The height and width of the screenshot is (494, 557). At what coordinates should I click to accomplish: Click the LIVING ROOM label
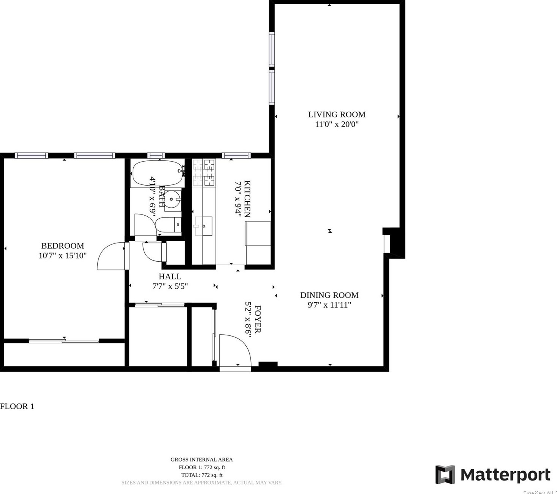point(337,114)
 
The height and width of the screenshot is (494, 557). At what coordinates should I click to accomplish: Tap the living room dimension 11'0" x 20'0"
point(337,124)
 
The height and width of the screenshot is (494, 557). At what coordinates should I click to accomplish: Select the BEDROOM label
point(63,246)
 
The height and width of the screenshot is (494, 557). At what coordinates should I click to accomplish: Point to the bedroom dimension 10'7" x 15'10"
point(63,256)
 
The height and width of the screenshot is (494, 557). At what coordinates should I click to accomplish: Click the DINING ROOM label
point(329,295)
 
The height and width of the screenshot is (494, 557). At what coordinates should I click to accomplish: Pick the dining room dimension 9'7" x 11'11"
point(329,305)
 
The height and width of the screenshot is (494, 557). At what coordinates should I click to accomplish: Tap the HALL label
point(170,277)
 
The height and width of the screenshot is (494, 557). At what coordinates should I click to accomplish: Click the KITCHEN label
point(247,199)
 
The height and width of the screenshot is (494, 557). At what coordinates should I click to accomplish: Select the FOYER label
point(257,319)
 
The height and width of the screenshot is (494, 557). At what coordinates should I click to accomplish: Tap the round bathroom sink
point(172,199)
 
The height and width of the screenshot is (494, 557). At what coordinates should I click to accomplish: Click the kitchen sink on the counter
point(203,226)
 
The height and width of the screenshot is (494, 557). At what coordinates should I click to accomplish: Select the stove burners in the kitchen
point(209,172)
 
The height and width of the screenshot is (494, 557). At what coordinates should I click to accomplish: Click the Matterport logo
point(493,475)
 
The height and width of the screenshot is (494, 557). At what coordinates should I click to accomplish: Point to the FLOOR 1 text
point(17,407)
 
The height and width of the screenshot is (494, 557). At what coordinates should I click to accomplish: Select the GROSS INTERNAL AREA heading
point(201,460)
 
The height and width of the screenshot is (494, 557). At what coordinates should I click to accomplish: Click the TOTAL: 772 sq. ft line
point(201,475)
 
